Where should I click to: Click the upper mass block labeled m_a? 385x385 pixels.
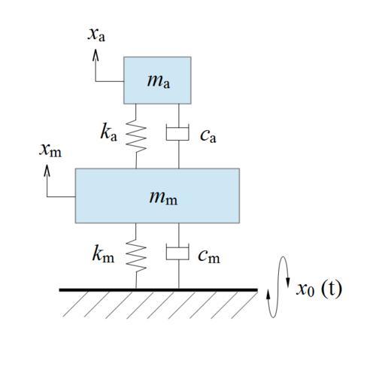tap(157, 80)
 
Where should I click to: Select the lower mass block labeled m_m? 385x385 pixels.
tap(157, 196)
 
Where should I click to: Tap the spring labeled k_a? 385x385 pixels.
tap(136, 136)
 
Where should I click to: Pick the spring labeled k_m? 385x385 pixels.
tap(136, 256)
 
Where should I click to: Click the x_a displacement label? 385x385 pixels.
tap(96, 35)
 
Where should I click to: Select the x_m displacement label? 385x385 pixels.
tap(50, 150)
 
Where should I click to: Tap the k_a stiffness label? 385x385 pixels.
tap(108, 132)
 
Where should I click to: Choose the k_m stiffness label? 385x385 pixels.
tap(103, 254)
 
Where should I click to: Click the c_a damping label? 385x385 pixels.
tap(208, 136)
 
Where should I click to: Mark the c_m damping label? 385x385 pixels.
tap(209, 256)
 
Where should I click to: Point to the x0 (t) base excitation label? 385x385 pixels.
tap(319, 289)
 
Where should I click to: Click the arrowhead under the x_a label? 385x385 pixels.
tap(95, 55)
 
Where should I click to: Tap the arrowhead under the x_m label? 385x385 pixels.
tap(47, 171)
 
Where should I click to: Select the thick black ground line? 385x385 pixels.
tap(159, 290)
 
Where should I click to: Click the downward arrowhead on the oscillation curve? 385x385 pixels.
tap(288, 282)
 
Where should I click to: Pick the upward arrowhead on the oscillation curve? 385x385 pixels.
tap(268, 295)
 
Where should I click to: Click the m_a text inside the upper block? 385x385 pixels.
tap(159, 81)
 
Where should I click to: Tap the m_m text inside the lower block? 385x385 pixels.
tap(163, 198)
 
